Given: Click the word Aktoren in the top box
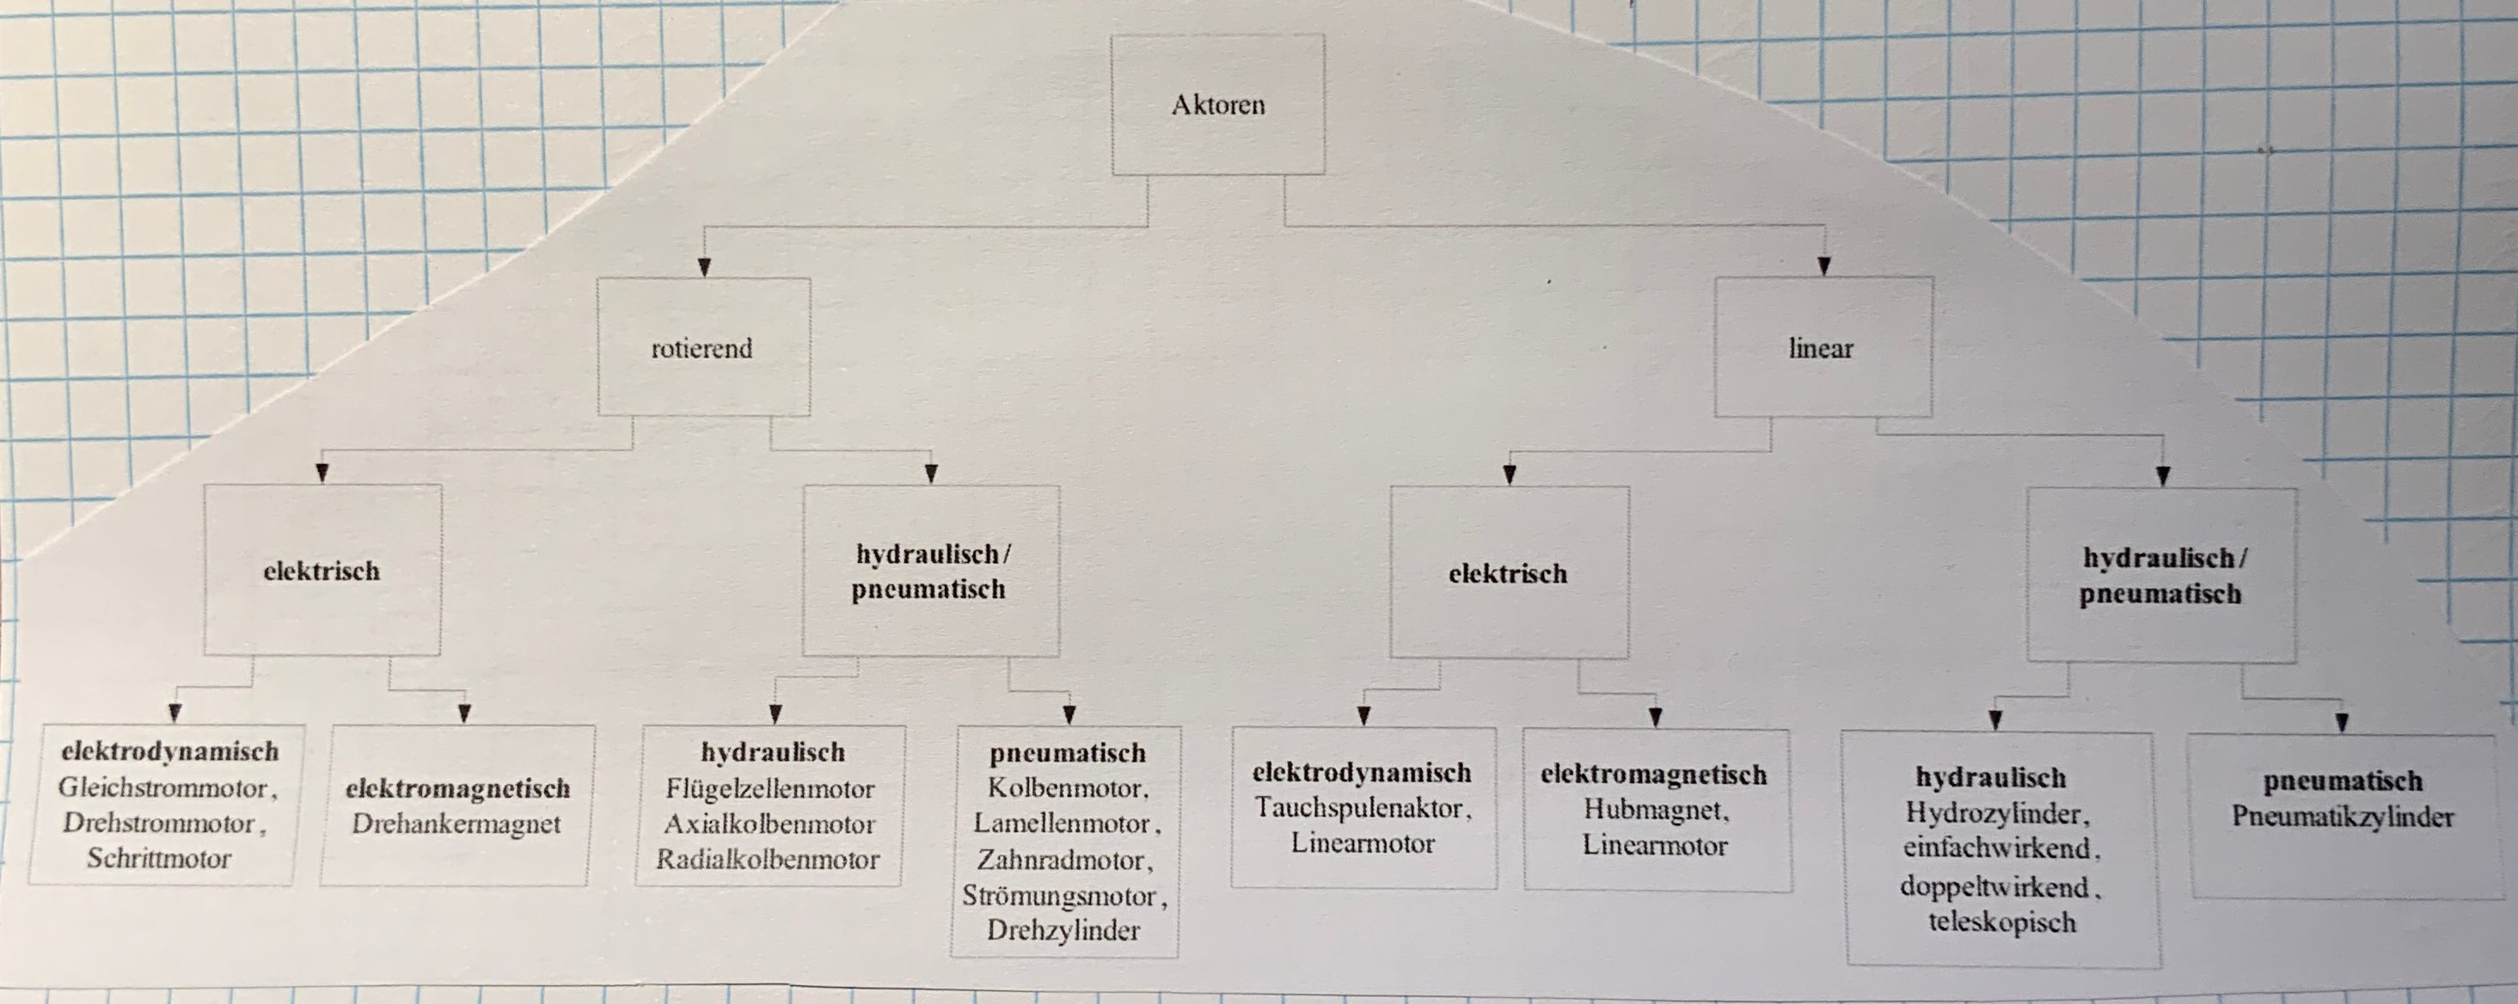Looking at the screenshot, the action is (1218, 105).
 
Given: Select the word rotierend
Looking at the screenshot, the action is (701, 348).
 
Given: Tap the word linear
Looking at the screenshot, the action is (1821, 348).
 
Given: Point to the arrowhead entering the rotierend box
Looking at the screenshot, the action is (704, 266).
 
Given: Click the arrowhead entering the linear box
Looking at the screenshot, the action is (1823, 266).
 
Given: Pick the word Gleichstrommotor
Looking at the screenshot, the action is (162, 787).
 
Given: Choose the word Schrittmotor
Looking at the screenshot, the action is (159, 859).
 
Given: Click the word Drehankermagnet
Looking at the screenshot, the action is (456, 824).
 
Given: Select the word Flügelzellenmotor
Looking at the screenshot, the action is (770, 788).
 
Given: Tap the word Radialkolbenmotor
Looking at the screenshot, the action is (768, 860).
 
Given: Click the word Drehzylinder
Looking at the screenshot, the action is (1063, 930).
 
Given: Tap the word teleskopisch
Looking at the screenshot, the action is (2002, 921).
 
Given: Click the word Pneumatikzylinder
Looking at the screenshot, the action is (2343, 817).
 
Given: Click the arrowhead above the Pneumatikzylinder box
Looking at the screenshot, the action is (2342, 725).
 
